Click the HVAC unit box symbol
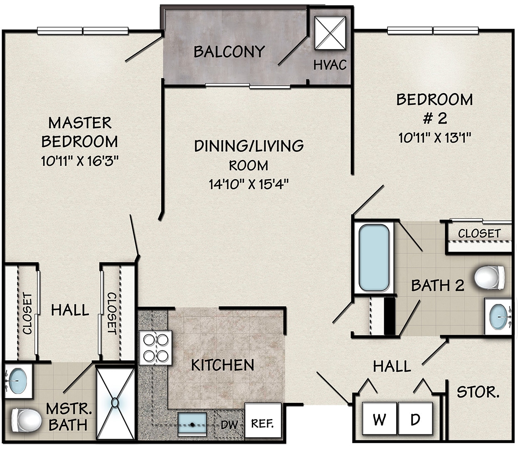(x=330, y=33)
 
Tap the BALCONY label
(x=229, y=52)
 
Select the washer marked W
(x=379, y=419)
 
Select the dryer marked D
(x=415, y=419)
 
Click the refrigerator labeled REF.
(x=262, y=424)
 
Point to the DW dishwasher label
(x=229, y=425)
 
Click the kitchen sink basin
(x=192, y=424)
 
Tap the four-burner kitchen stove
(x=156, y=348)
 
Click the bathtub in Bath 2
(x=374, y=258)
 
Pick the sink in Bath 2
(x=498, y=316)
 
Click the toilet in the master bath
(x=26, y=419)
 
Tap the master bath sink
(x=18, y=379)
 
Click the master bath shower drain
(x=115, y=402)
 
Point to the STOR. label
(x=478, y=392)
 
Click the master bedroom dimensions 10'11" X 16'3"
(x=80, y=160)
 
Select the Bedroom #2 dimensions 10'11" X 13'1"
(x=434, y=138)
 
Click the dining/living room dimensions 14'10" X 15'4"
(x=249, y=183)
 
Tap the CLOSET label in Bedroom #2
(x=479, y=234)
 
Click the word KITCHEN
(x=222, y=365)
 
